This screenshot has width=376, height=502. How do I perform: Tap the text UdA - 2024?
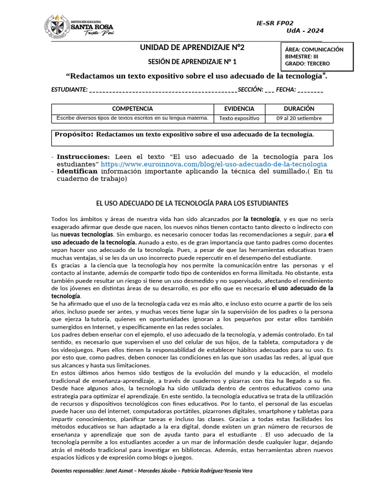tap(305, 31)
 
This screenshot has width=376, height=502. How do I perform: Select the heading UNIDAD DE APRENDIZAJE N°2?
tap(192, 48)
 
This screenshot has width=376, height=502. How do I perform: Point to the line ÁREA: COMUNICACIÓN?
tap(314, 50)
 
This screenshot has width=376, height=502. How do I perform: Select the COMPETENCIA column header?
tap(132, 109)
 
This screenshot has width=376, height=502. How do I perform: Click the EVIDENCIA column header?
tap(239, 109)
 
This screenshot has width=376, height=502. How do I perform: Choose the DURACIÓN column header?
tap(299, 109)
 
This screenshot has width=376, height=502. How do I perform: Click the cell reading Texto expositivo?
tap(239, 118)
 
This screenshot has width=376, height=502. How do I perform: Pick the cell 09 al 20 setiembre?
tap(299, 118)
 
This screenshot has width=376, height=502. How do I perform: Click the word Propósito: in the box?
tap(74, 134)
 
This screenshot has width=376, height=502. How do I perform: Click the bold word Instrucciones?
tap(83, 156)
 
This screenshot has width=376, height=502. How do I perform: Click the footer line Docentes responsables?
tap(152, 471)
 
